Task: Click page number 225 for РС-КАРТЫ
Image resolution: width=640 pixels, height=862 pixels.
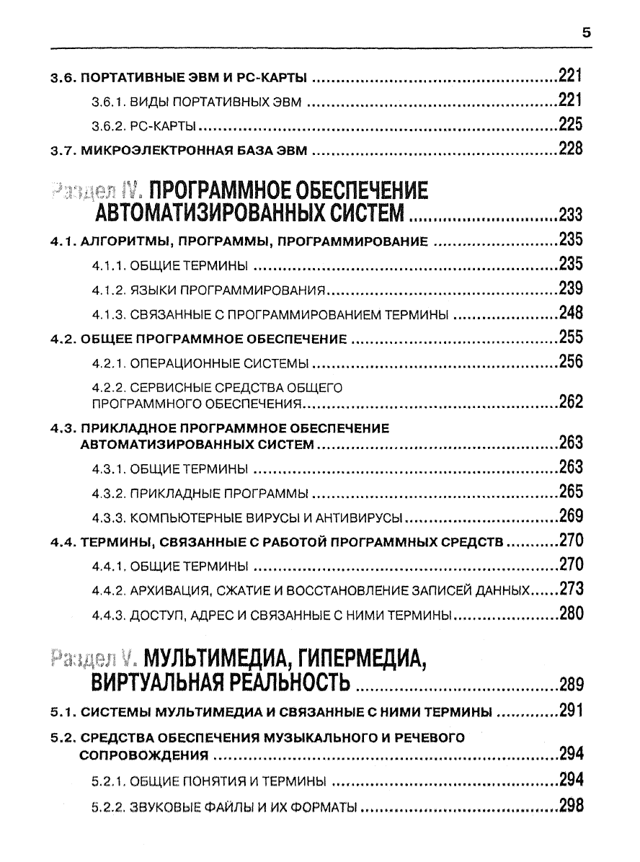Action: [x=570, y=125]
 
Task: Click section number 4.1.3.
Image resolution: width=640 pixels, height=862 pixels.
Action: [x=110, y=314]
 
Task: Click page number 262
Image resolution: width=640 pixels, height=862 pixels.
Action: [x=570, y=402]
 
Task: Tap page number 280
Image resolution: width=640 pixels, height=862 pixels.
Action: [x=570, y=614]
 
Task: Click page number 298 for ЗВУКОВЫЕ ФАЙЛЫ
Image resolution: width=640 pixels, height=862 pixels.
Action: [x=570, y=807]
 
